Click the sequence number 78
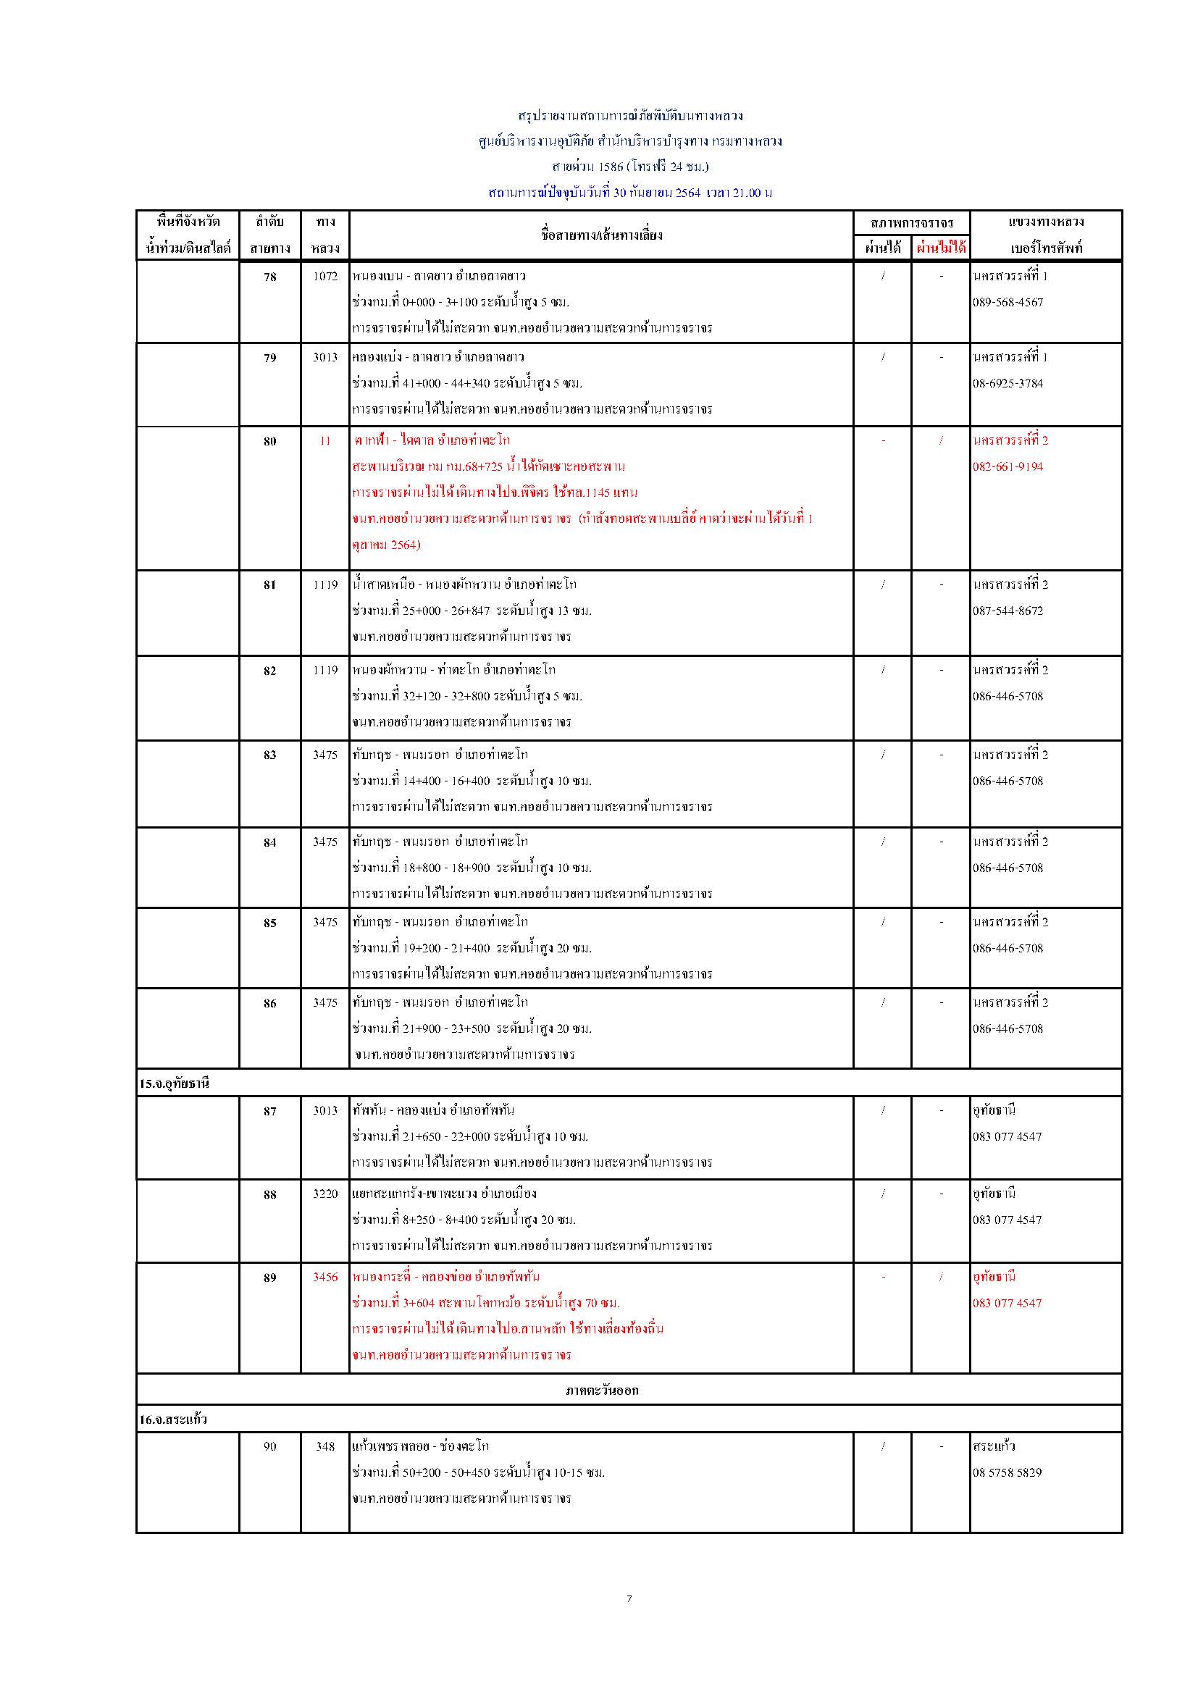[x=270, y=277]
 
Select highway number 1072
[x=324, y=277]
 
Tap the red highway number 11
[x=324, y=441]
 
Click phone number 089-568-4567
[x=1008, y=303]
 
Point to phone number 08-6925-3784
[x=1008, y=384]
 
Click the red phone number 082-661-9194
[x=1008, y=467]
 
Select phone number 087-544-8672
[x=1008, y=611]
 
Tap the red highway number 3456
[x=324, y=1277]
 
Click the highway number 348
[x=324, y=1447]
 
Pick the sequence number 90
[x=270, y=1447]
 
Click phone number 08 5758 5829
[x=1007, y=1472]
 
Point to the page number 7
[x=629, y=1599]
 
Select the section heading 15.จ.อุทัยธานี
[x=174, y=1084]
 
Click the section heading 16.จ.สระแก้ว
[x=172, y=1420]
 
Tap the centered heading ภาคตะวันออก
[x=602, y=1391]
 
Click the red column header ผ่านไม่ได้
[x=941, y=248]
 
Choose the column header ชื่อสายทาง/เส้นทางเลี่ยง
[x=601, y=235]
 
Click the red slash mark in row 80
[x=941, y=441]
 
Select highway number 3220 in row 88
[x=324, y=1194]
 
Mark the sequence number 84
[x=270, y=842]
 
